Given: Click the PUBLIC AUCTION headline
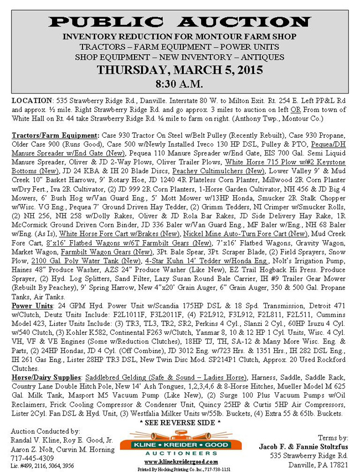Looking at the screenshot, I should (179, 22).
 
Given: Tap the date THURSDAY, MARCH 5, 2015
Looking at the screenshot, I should (179, 70).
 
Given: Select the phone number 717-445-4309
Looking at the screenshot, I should (33, 458).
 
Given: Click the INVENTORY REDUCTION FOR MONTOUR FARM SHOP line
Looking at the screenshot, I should (179, 37).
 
